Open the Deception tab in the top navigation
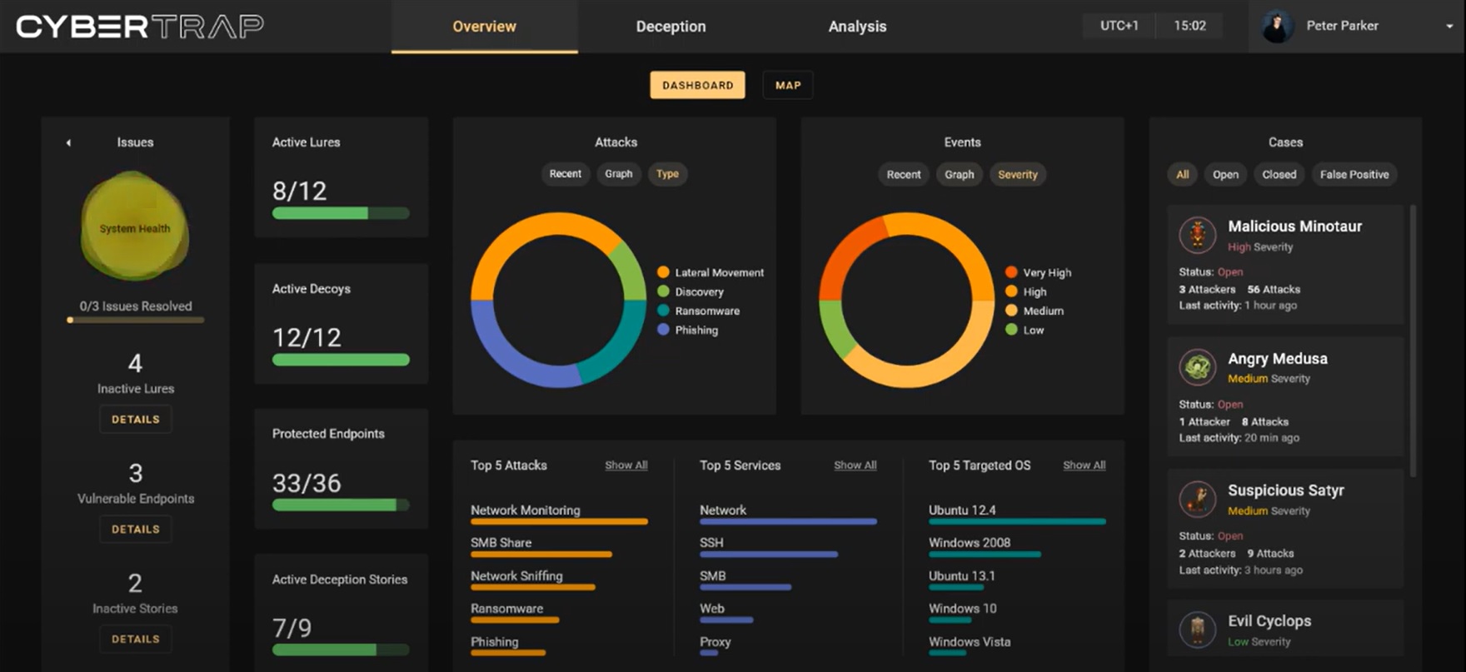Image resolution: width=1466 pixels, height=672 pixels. click(x=671, y=27)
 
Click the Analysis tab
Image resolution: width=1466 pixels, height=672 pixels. click(x=857, y=27)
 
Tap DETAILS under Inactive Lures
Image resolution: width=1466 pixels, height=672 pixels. click(x=136, y=419)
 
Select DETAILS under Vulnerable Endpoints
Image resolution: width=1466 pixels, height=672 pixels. click(x=136, y=529)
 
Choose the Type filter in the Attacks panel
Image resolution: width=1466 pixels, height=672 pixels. click(x=667, y=174)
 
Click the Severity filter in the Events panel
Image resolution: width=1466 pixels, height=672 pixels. click(x=1017, y=175)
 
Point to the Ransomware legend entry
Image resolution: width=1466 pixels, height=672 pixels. click(x=706, y=311)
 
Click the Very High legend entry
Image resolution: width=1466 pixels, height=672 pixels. click(x=1046, y=272)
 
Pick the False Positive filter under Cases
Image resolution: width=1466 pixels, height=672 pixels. click(x=1354, y=175)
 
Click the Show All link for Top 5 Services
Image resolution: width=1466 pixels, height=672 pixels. click(x=855, y=465)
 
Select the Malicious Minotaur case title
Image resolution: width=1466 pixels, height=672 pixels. click(x=1294, y=226)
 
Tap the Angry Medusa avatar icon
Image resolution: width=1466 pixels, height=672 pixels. click(x=1198, y=366)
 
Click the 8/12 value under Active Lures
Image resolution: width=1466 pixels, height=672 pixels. click(x=299, y=192)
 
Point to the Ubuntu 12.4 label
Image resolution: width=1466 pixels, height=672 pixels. click(x=962, y=510)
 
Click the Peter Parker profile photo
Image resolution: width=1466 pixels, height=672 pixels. click(x=1276, y=27)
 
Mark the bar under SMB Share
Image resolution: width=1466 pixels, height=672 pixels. click(x=541, y=555)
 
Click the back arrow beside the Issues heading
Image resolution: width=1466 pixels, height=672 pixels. click(x=68, y=143)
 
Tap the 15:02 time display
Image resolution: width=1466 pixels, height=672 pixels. click(x=1189, y=26)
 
